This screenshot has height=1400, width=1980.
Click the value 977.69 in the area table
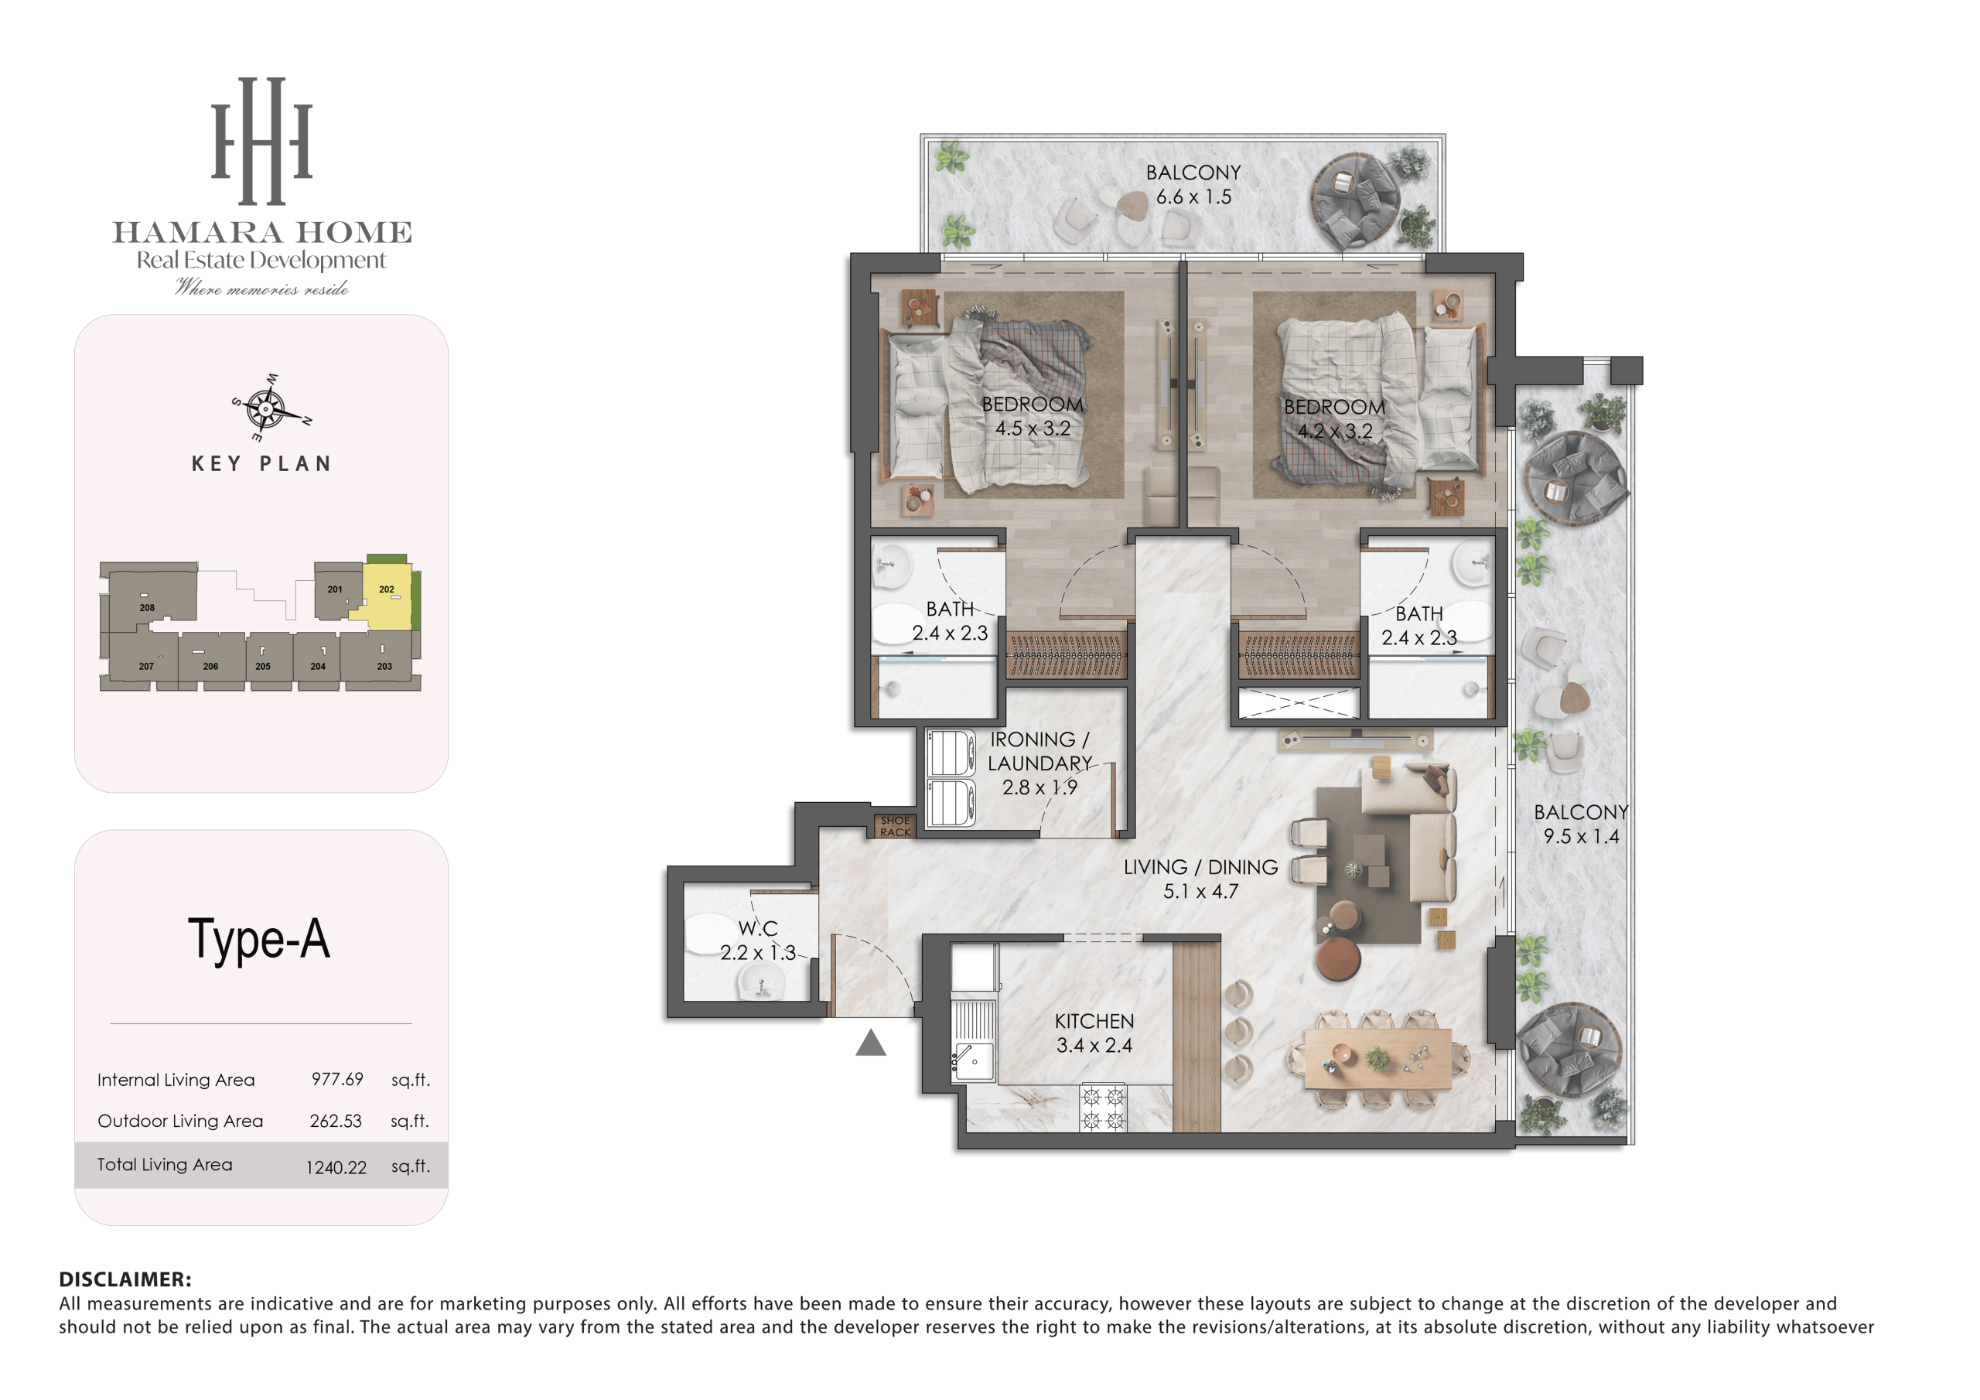pos(337,1079)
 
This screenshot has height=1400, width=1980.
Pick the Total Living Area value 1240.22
pos(336,1167)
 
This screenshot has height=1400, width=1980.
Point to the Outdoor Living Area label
pos(180,1121)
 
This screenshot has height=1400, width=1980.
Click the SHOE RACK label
pos(895,826)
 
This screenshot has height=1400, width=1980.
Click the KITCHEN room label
pos(1094,1021)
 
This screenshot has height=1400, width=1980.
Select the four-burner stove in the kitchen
pos(1103,1108)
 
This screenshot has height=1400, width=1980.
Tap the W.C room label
pos(758,929)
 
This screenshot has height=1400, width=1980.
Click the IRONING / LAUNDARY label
pos(1039,751)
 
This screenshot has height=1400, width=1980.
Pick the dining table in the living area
pos(1377,1058)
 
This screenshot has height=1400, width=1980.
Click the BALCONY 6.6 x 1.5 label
pos(1193,185)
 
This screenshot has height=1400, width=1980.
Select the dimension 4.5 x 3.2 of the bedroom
pos(1033,429)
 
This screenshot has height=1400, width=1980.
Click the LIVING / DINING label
pos(1200,867)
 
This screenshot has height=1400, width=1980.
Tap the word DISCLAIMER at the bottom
pos(125,1279)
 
